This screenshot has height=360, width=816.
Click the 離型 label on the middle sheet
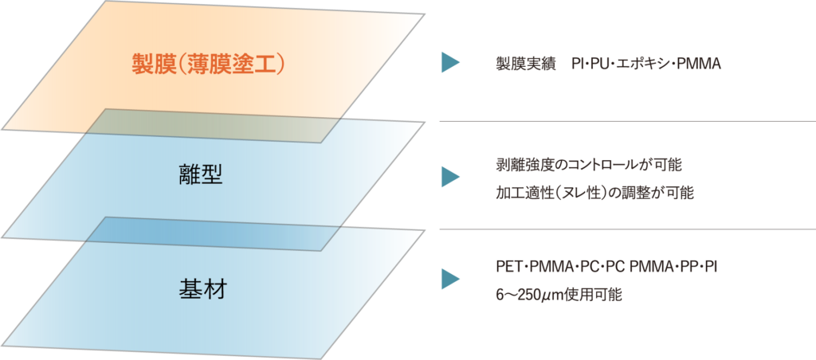(201, 175)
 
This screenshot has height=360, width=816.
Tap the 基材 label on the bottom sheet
(201, 288)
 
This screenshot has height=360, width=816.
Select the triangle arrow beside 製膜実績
(451, 63)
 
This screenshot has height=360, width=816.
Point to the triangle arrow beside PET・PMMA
(451, 279)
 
